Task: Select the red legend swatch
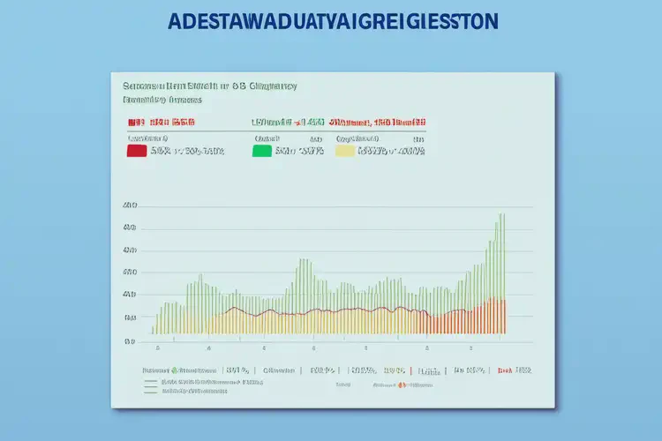(x=136, y=151)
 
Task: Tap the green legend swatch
(x=261, y=151)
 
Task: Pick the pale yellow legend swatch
(x=344, y=151)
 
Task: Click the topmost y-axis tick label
(x=130, y=206)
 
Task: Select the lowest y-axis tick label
(x=130, y=340)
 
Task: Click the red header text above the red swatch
(x=160, y=122)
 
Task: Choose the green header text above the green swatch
(x=287, y=122)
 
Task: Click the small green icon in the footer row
(x=175, y=370)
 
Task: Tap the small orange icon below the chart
(x=400, y=385)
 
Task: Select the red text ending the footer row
(x=515, y=370)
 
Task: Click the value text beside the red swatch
(x=187, y=151)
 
